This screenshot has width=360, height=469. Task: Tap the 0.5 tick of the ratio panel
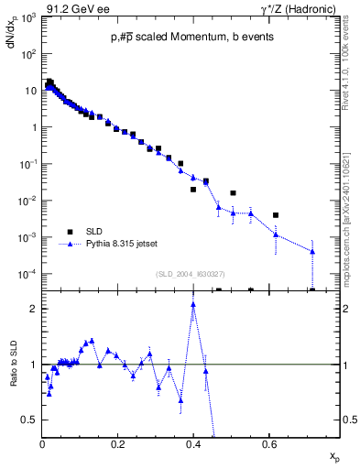(x=30, y=420)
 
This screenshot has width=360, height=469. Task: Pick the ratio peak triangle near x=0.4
(x=193, y=305)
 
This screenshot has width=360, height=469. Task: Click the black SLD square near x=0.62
(x=276, y=215)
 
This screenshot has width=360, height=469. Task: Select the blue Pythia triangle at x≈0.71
(x=312, y=251)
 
